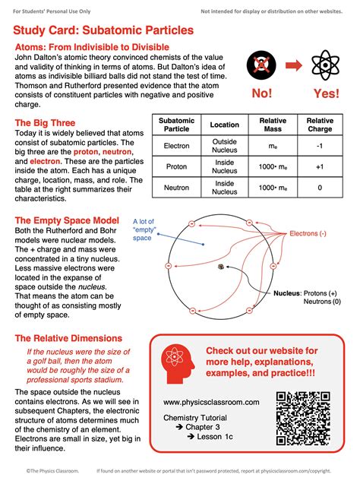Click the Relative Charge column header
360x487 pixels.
(x=320, y=125)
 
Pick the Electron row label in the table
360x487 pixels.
(x=177, y=147)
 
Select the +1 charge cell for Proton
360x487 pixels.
(x=320, y=167)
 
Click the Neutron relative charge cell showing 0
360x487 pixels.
(x=320, y=188)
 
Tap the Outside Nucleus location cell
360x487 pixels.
(x=224, y=147)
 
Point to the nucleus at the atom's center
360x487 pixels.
(x=219, y=267)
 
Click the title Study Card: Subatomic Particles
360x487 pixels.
(x=103, y=30)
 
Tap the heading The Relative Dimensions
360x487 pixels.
(x=68, y=338)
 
